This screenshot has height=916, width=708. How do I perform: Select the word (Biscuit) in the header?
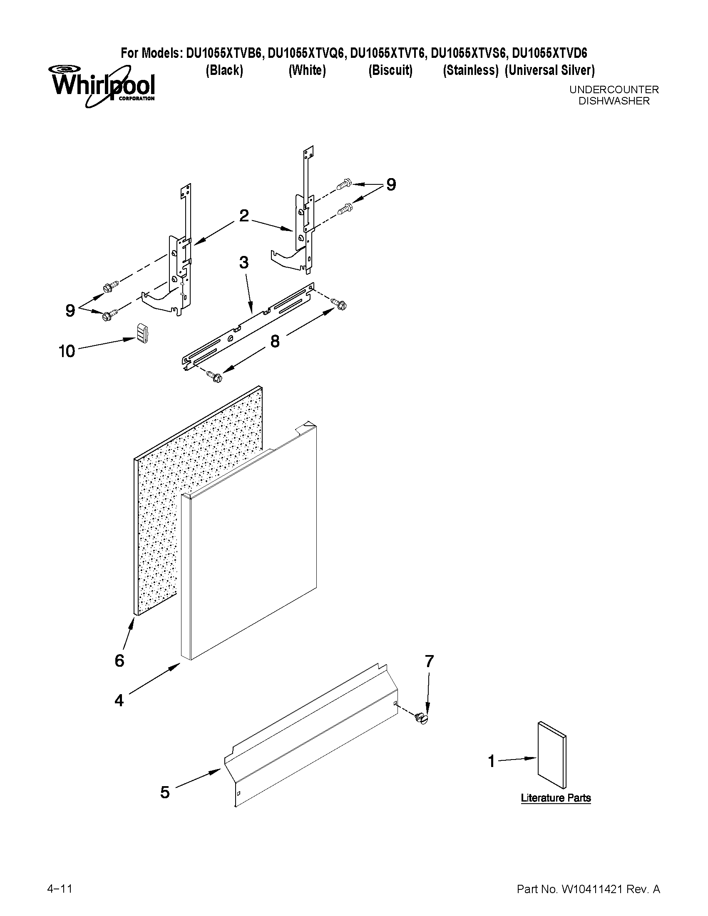click(390, 70)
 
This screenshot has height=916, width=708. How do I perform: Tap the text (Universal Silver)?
click(549, 70)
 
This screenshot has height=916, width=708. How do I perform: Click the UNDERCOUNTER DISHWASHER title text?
click(614, 95)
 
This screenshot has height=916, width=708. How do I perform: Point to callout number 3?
click(243, 263)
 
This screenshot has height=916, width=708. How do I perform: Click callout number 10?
click(67, 351)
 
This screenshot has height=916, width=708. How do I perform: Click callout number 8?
click(275, 341)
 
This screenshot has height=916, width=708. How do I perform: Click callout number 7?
click(429, 661)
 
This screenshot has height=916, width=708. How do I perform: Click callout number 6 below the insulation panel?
click(119, 660)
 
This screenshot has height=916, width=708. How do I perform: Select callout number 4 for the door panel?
click(119, 700)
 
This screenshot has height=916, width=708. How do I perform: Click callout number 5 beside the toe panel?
click(165, 792)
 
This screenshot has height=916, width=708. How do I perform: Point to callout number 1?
click(492, 761)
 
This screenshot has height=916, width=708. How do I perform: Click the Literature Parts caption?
click(556, 798)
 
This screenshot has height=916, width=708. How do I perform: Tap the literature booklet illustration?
click(551, 755)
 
